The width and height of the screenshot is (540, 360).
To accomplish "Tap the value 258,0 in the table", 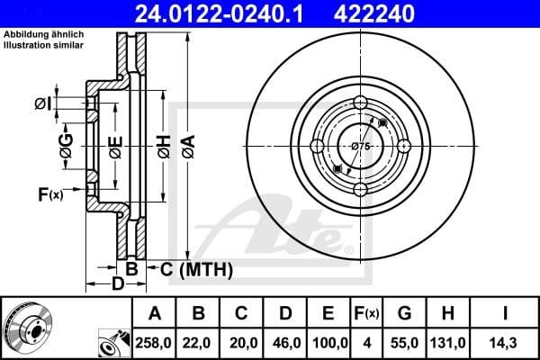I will coord(155,341).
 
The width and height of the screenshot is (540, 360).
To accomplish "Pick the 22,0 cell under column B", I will coord(200,341).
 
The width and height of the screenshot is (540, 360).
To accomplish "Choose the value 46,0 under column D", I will coord(285,341).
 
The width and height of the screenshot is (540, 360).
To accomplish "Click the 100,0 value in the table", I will coord(329,341).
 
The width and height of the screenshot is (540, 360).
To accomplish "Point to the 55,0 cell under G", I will coord(404,341).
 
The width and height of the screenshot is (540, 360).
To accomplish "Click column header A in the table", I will coord(155,313).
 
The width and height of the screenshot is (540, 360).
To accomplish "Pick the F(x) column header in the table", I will coord(368,313).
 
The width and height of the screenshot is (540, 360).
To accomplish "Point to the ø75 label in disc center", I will coord(360,146).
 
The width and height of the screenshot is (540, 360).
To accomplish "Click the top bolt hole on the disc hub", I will coord(360,101).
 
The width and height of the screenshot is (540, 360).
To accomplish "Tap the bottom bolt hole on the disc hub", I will coord(360,188).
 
